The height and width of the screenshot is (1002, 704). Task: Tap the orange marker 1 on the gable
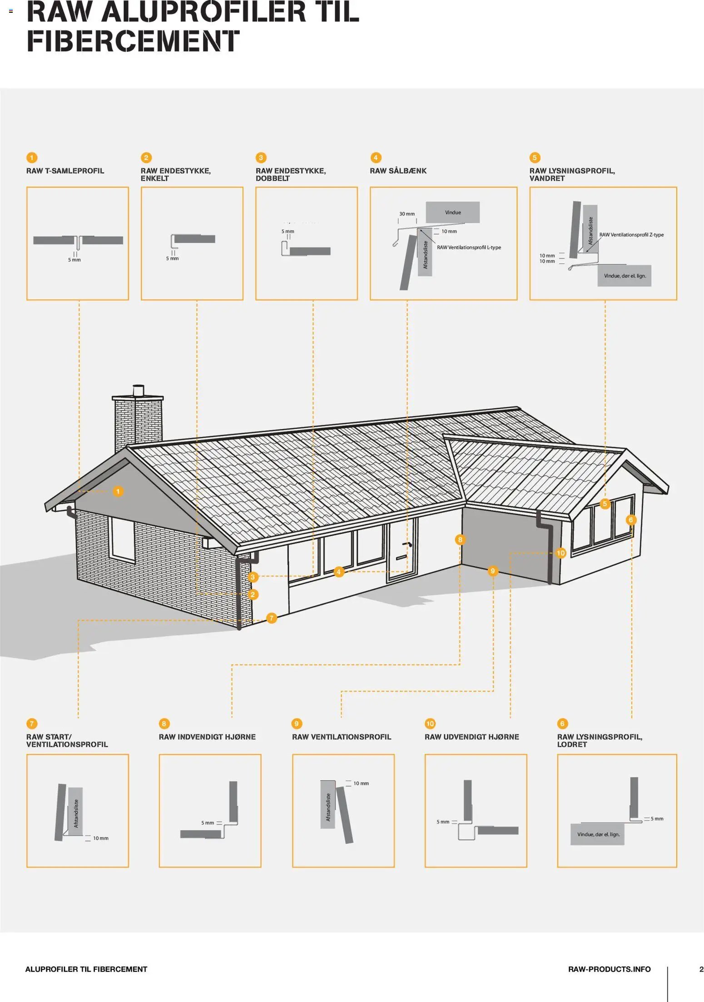click(x=118, y=491)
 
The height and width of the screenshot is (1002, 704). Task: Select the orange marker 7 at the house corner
click(x=271, y=618)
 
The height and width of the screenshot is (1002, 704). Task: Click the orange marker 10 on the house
click(x=560, y=553)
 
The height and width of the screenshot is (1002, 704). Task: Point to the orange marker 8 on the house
click(x=460, y=539)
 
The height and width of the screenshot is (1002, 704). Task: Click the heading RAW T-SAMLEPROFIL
click(x=65, y=171)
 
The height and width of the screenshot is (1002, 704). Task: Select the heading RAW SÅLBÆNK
click(x=398, y=171)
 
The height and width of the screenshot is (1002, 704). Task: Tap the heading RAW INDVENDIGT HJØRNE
click(x=207, y=737)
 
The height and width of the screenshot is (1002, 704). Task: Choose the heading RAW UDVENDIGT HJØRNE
click(x=471, y=737)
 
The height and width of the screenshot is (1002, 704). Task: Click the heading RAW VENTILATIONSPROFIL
click(x=341, y=737)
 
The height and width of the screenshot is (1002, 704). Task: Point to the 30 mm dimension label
click(x=407, y=214)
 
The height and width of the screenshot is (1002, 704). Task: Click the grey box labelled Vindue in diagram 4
click(x=452, y=212)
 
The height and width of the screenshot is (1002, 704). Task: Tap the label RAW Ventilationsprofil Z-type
click(x=631, y=235)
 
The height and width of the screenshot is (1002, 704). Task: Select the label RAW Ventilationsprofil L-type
click(x=469, y=248)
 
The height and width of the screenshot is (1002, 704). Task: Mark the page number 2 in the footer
click(x=701, y=969)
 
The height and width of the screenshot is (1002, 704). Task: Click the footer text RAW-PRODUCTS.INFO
click(x=609, y=969)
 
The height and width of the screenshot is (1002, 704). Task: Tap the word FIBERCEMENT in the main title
click(x=133, y=41)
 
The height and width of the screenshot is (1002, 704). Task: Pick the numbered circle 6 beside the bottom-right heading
click(x=562, y=723)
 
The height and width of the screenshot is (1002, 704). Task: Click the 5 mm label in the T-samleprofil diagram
click(x=74, y=260)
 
